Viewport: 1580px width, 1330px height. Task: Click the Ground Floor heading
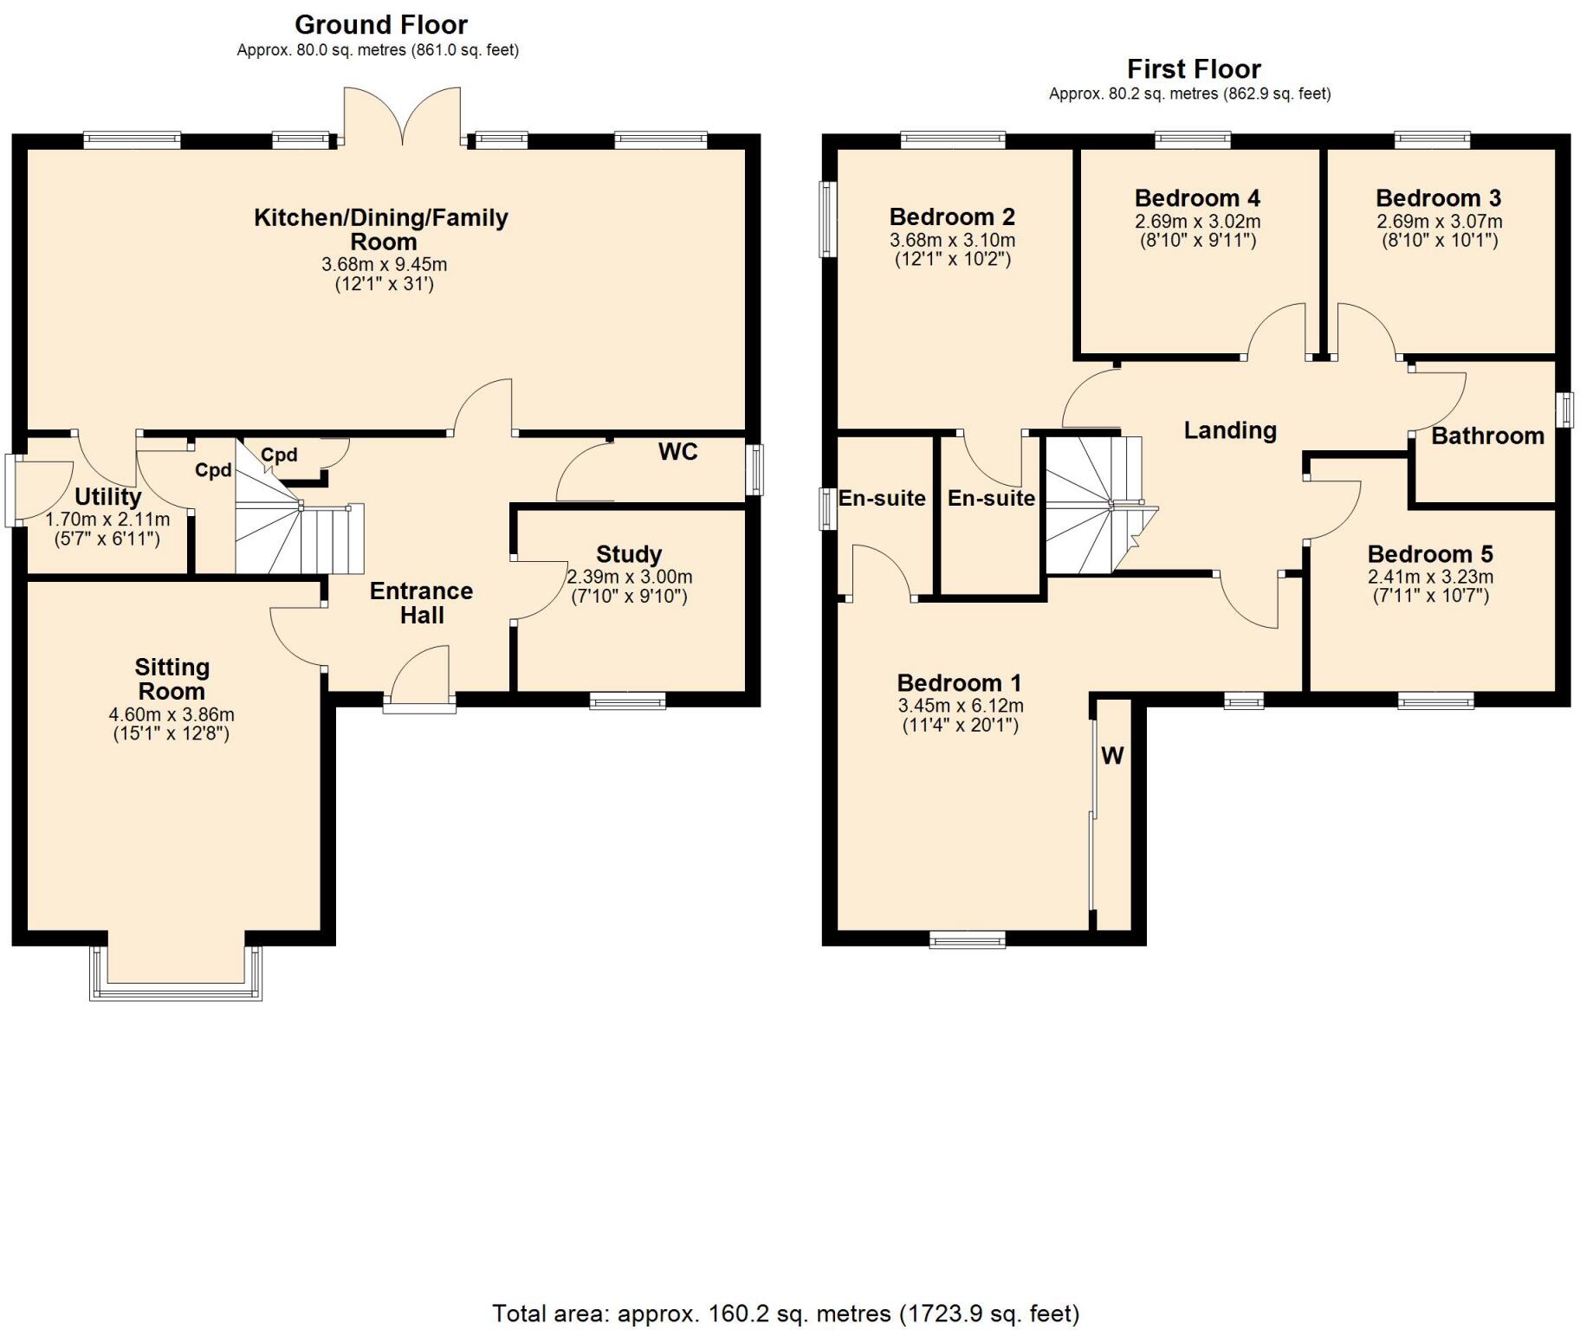pos(380,24)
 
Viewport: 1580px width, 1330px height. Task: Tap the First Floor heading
pos(1193,68)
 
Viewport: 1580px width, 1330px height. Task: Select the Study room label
pos(629,554)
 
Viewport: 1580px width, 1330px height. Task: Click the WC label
pos(677,452)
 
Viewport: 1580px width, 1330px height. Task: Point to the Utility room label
pos(107,497)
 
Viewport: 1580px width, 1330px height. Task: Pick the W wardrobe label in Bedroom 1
pos(1112,756)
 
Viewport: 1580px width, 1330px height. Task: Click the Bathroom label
pos(1487,436)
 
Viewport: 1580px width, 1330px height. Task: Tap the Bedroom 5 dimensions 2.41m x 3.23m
pos(1430,577)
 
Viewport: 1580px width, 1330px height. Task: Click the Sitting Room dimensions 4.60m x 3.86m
pos(172,715)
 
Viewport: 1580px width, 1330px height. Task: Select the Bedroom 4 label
pos(1197,198)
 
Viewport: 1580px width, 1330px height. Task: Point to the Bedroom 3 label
pos(1438,198)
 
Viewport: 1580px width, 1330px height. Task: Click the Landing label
pos(1230,430)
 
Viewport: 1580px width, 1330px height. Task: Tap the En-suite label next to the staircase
pos(991,498)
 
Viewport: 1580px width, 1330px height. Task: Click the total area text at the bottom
pos(786,1314)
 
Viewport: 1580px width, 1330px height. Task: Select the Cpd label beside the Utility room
pos(213,470)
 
